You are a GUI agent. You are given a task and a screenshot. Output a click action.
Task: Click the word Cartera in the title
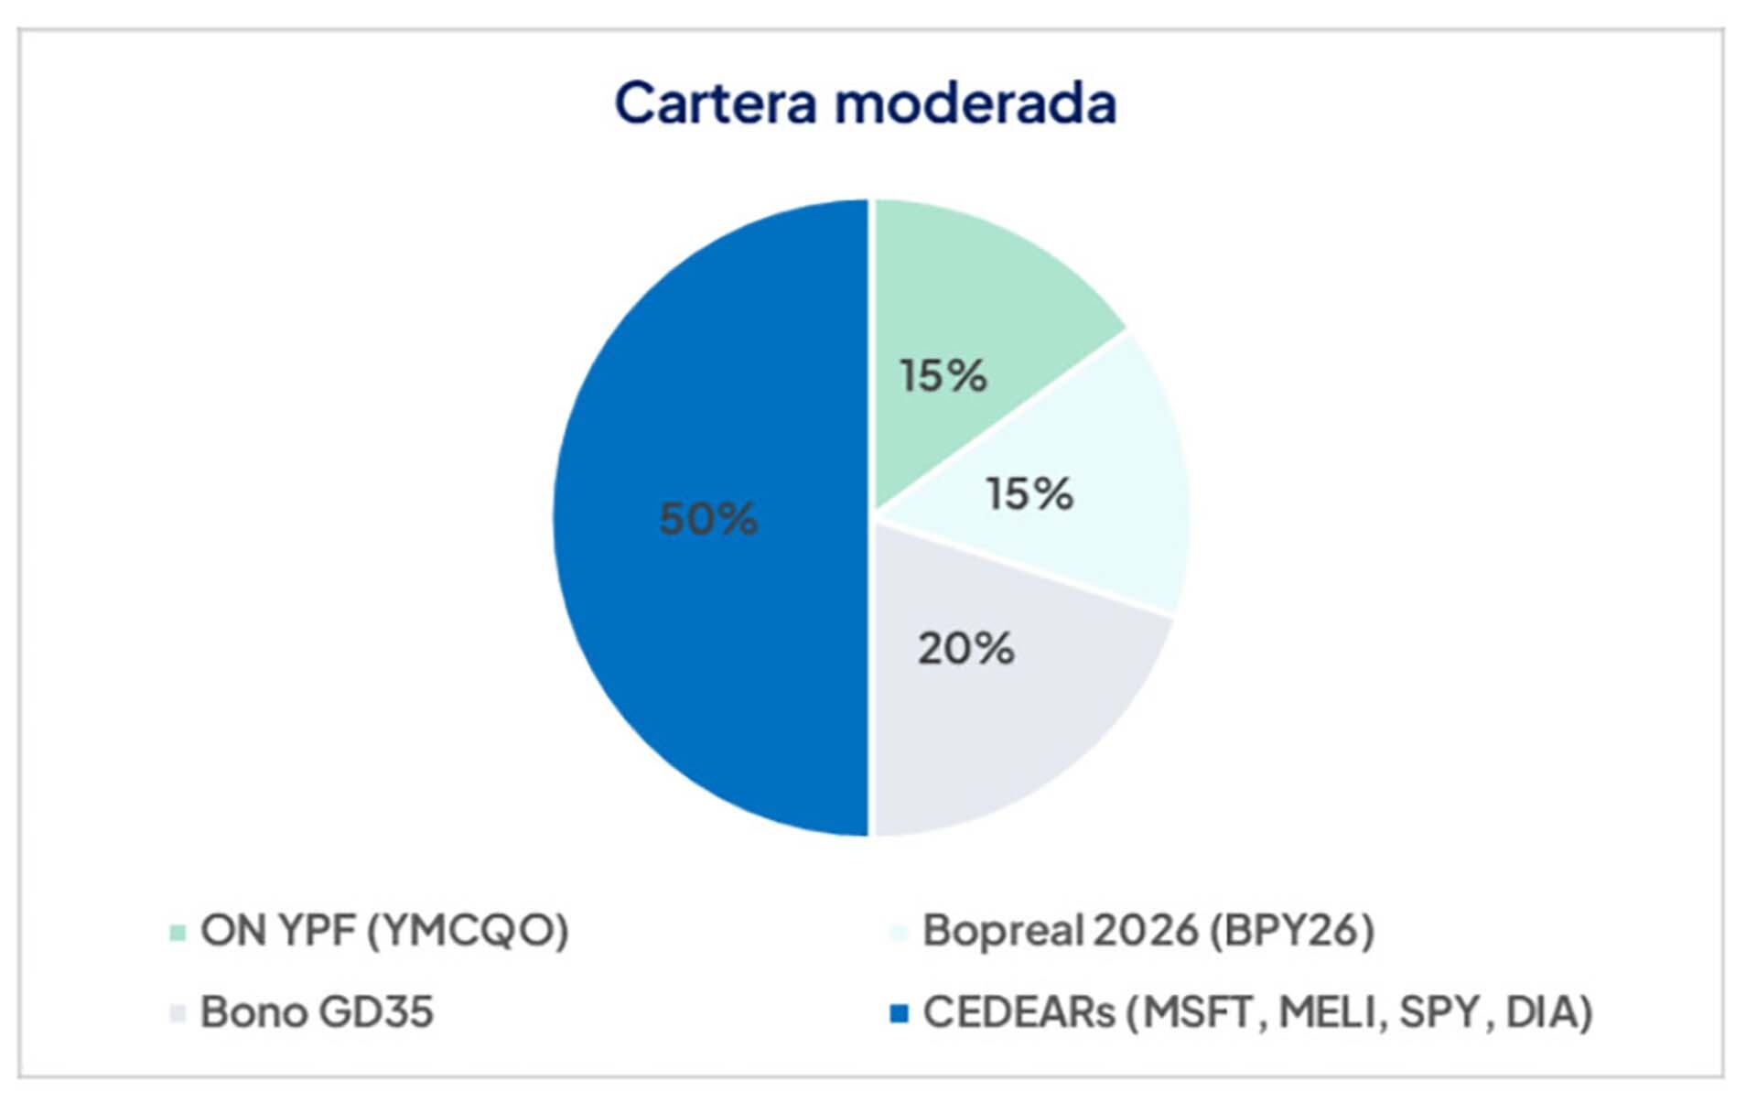(715, 103)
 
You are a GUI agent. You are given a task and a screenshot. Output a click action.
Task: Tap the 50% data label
(708, 519)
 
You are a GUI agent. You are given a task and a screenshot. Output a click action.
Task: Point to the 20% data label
(966, 649)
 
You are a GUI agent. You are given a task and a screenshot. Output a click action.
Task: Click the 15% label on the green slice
(943, 375)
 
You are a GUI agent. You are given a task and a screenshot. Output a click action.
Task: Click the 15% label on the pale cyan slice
(1029, 494)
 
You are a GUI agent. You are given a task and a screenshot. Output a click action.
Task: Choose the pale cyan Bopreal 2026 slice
(1126, 476)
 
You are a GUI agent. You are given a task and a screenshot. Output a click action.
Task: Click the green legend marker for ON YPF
(178, 933)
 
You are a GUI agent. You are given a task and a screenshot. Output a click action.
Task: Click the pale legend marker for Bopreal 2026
(900, 933)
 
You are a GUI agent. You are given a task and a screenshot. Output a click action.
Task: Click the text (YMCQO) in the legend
(468, 931)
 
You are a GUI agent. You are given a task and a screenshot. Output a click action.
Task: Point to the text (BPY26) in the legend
(1291, 931)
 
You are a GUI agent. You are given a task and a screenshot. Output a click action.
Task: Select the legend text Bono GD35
(317, 1012)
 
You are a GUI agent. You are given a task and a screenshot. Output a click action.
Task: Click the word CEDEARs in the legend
(1019, 1012)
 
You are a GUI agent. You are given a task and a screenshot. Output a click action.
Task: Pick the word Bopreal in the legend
(1001, 931)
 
